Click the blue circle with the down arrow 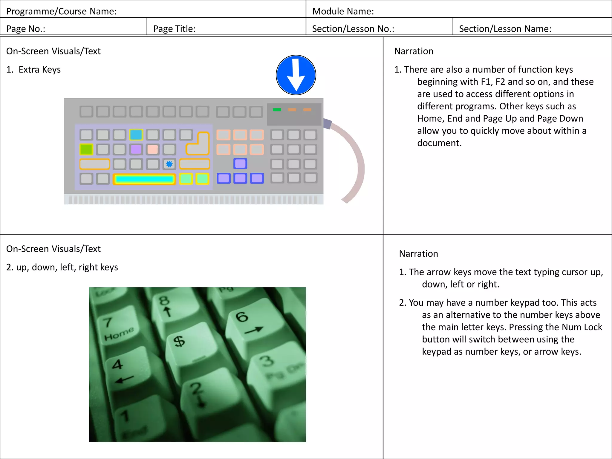[296, 75]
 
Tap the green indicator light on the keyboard [277, 110]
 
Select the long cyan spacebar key [144, 179]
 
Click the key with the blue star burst [169, 164]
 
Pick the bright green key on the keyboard [86, 149]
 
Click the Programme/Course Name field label [61, 11]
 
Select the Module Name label [343, 11]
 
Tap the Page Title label [174, 29]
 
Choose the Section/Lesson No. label [353, 29]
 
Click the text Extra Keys [39, 70]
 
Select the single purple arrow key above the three [240, 163]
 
